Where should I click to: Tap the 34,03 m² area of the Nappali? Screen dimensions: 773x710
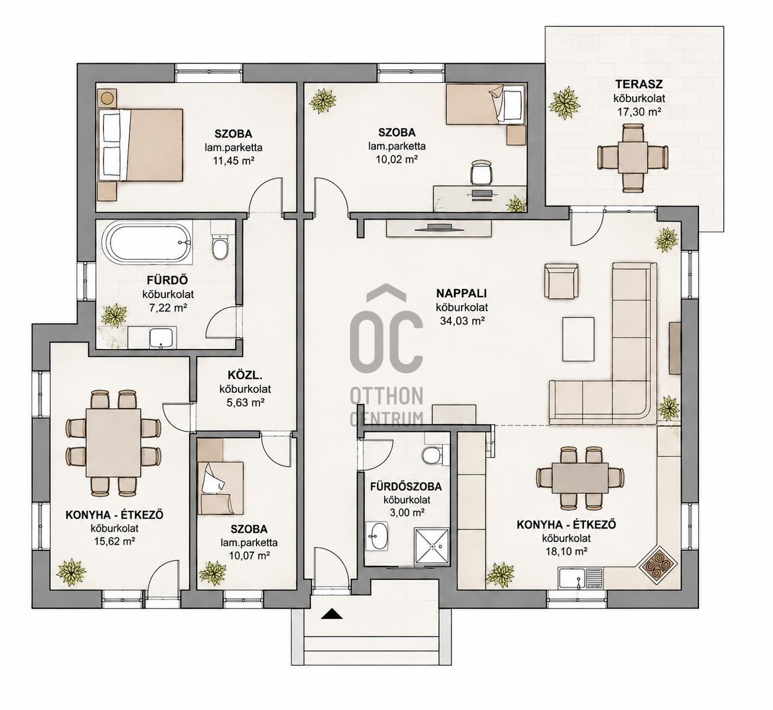click(x=462, y=321)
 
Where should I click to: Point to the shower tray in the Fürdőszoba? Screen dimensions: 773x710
click(x=431, y=546)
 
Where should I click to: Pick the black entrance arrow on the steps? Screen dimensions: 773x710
click(x=332, y=613)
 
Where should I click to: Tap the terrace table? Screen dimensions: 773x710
click(x=632, y=157)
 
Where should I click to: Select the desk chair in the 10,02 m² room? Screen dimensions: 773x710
click(x=482, y=172)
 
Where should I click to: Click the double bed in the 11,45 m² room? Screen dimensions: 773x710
click(x=140, y=145)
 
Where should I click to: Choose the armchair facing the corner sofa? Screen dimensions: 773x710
click(x=561, y=281)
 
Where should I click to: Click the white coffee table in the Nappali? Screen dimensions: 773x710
click(x=578, y=339)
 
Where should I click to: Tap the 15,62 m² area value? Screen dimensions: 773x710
click(x=115, y=541)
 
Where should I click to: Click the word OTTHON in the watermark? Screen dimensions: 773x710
click(x=386, y=396)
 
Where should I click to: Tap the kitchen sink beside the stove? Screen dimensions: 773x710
click(x=582, y=579)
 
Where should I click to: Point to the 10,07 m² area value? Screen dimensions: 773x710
click(x=249, y=555)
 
